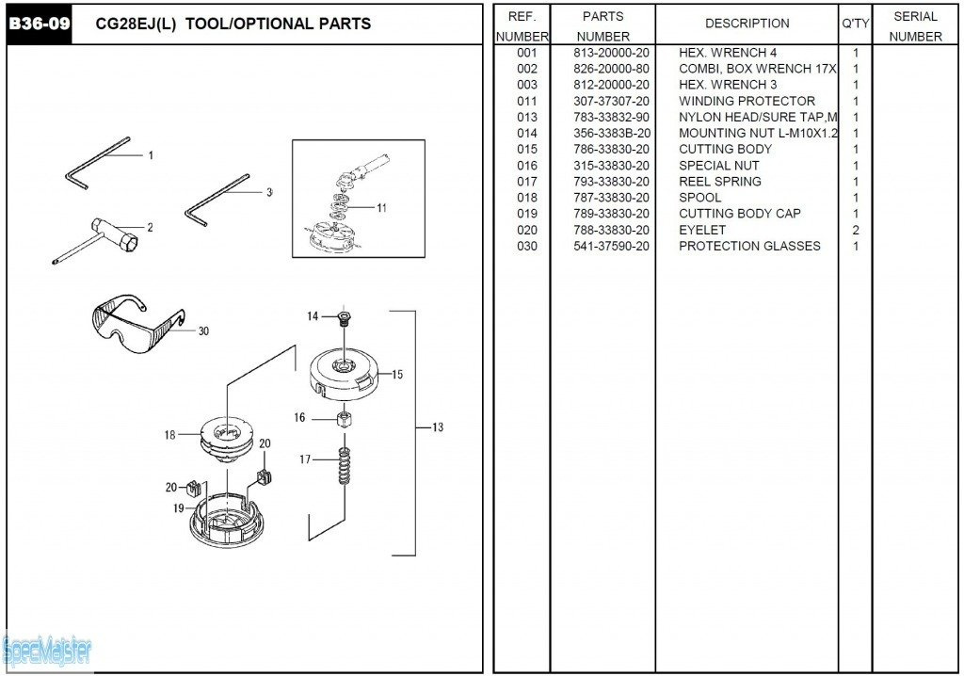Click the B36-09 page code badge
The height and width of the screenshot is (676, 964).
pyautogui.click(x=40, y=24)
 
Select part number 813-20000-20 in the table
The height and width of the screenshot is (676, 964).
pyautogui.click(x=611, y=53)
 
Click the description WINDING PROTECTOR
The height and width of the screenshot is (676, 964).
pyautogui.click(x=747, y=101)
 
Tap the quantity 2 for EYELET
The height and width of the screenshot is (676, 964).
pyautogui.click(x=855, y=230)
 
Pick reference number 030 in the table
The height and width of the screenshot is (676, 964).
pyautogui.click(x=526, y=246)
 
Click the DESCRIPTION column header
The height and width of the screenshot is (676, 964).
pyautogui.click(x=747, y=24)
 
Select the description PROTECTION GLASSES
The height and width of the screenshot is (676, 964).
pyautogui.click(x=749, y=246)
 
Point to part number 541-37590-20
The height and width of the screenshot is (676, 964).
pyautogui.click(x=611, y=246)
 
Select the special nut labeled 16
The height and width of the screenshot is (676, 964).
pyautogui.click(x=345, y=418)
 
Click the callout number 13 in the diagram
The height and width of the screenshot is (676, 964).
pyautogui.click(x=438, y=427)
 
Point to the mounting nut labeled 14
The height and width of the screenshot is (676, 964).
pyautogui.click(x=344, y=317)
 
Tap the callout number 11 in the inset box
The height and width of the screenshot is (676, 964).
pyautogui.click(x=381, y=207)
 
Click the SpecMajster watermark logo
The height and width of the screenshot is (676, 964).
pyautogui.click(x=47, y=648)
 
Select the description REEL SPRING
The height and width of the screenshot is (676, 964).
pyautogui.click(x=720, y=182)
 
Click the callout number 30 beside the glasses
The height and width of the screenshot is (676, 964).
pyautogui.click(x=203, y=330)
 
